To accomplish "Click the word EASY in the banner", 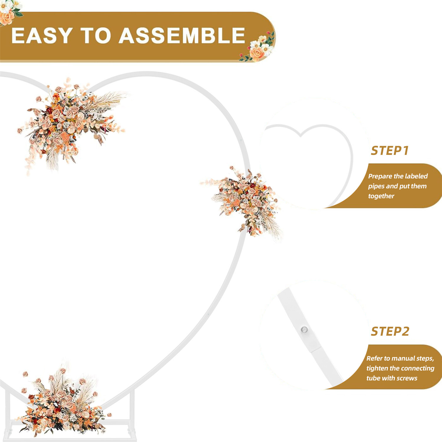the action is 42,36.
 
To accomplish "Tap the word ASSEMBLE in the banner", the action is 182,36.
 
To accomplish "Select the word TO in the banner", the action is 96,36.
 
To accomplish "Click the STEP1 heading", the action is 390,151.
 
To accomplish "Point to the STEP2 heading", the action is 390,331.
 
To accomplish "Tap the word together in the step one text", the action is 381,196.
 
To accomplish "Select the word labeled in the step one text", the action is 416,176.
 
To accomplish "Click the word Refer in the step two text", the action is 374,358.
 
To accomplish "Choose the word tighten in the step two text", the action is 377,368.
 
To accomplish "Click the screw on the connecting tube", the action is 304,329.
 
